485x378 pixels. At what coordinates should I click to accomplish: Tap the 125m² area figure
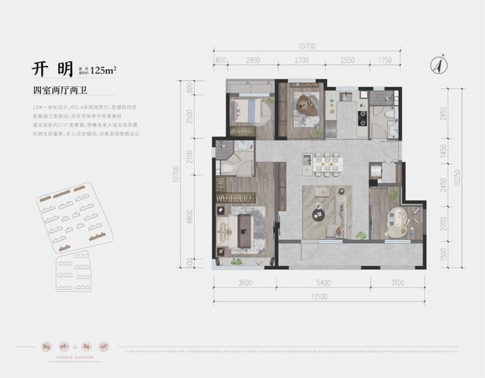104,71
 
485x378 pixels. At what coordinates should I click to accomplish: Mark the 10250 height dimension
457,176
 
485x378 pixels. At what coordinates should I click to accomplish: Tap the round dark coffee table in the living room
319,215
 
